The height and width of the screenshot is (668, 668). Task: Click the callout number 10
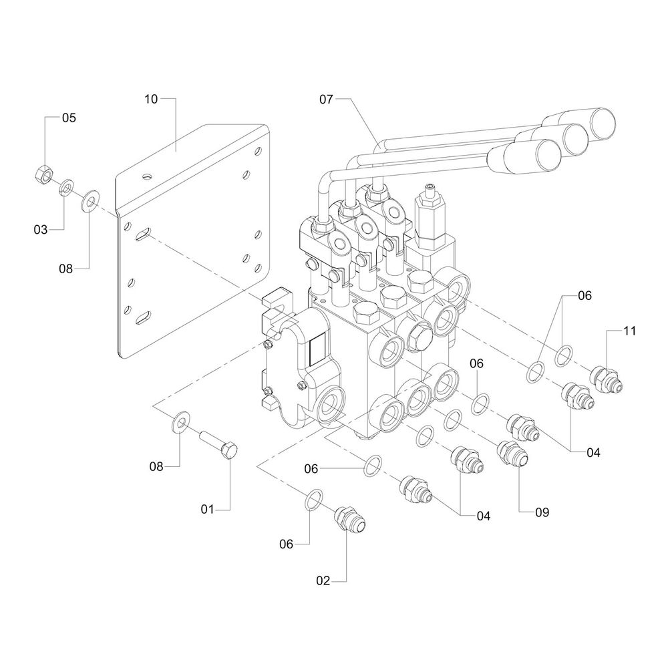pyautogui.click(x=151, y=99)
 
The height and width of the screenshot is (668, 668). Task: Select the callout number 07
pyautogui.click(x=326, y=99)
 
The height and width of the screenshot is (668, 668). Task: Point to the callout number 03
pyautogui.click(x=41, y=229)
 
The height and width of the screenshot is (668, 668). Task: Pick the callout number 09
pyautogui.click(x=541, y=512)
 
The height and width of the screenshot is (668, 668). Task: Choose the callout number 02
pyautogui.click(x=323, y=580)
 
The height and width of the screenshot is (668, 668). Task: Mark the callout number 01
pyautogui.click(x=207, y=510)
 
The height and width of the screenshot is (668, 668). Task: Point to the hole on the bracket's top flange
pyautogui.click(x=146, y=178)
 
